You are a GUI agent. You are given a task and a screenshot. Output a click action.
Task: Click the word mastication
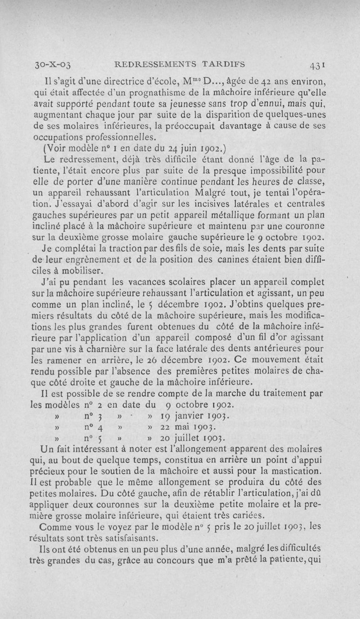(300, 471)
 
